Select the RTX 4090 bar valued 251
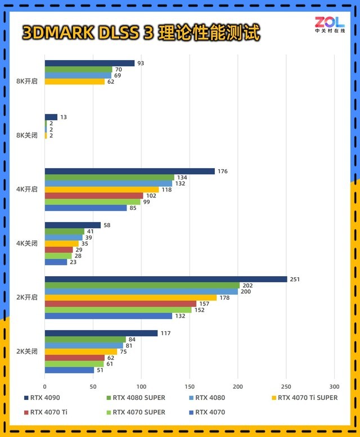(166, 280)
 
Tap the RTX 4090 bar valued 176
(129, 172)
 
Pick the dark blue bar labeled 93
(89, 64)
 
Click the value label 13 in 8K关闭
(64, 117)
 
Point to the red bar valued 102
(94, 196)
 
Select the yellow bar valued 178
(130, 298)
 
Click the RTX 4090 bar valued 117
(101, 334)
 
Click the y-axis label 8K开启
(27, 81)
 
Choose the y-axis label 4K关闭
(27, 244)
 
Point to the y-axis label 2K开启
(27, 298)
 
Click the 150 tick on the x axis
(190, 386)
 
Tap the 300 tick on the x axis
(334, 386)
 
